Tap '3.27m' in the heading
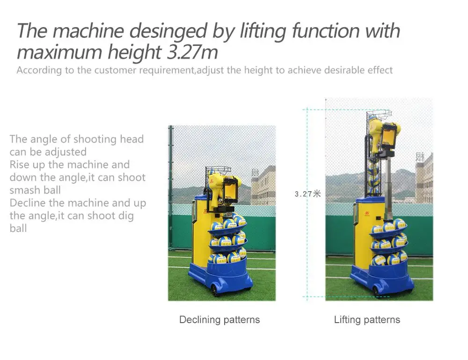click(192, 52)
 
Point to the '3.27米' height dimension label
click(307, 194)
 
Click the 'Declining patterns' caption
click(219, 320)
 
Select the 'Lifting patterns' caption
click(367, 320)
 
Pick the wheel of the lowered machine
click(215, 290)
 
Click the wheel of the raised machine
click(375, 290)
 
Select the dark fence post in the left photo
click(171, 187)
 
